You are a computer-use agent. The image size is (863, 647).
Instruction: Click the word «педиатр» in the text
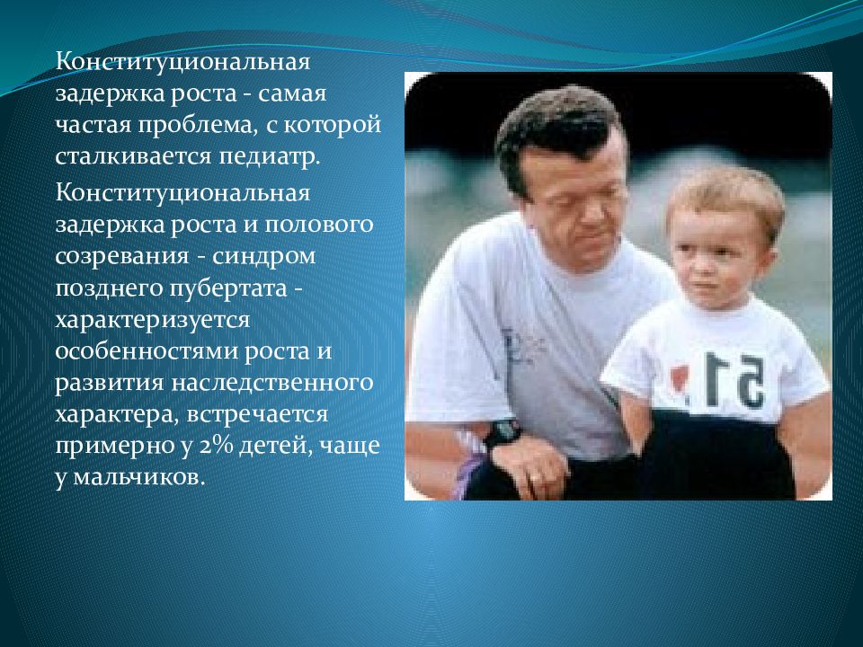269,156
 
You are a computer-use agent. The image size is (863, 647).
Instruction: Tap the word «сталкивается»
133,155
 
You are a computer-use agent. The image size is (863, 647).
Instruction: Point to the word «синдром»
263,256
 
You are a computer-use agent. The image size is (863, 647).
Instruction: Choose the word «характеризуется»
153,321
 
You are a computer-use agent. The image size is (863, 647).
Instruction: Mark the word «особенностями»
147,351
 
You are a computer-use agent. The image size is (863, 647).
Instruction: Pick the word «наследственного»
271,383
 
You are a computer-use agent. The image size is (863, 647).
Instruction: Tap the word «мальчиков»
138,476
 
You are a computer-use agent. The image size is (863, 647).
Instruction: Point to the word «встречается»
257,414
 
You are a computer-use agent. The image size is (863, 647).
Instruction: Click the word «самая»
291,94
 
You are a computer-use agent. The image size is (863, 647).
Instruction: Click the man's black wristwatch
502,433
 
